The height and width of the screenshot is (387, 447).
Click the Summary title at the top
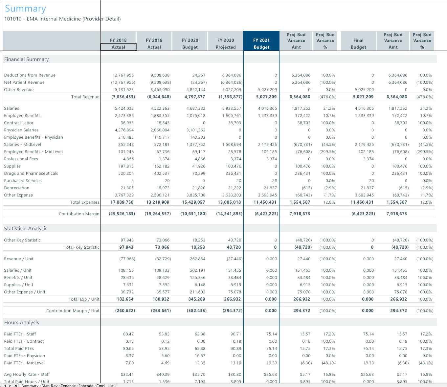25,9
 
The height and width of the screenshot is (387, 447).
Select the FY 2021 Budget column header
261,43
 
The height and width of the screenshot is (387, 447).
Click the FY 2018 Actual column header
118,43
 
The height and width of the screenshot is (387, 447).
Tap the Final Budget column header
358,43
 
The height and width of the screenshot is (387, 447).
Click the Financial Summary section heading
26,59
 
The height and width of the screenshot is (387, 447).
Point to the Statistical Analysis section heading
26,229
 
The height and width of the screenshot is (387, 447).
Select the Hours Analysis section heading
21,323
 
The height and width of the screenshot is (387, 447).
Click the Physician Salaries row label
21,130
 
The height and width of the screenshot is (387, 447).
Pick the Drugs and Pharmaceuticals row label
31,173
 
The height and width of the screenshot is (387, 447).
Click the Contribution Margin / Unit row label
73,311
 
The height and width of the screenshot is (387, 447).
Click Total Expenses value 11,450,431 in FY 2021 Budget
265,202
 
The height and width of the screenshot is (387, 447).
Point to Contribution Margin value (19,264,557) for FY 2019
158,214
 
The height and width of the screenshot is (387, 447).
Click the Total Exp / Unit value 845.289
197,299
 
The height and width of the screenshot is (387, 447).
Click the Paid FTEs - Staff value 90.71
235,334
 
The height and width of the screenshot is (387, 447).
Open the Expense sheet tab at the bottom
68,385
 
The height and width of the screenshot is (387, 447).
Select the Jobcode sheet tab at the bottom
86,385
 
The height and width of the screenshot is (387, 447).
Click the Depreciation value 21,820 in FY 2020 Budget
199,188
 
